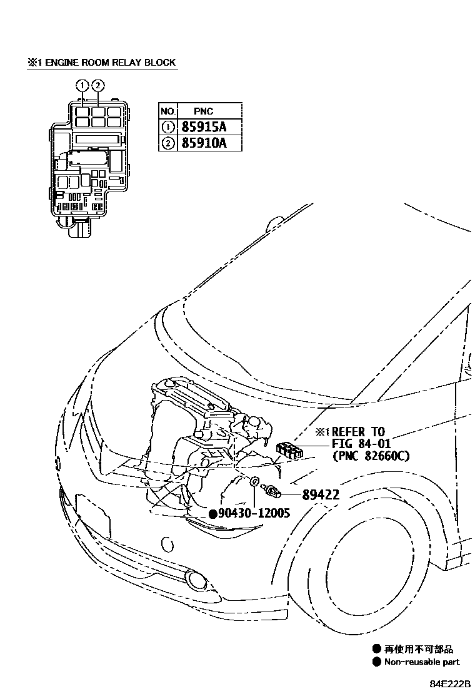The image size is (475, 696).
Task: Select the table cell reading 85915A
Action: [x=202, y=126]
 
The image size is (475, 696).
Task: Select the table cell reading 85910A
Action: [x=202, y=143]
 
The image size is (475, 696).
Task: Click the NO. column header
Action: [x=167, y=111]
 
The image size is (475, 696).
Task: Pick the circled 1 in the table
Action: [x=167, y=126]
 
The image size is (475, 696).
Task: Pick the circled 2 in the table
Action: [x=167, y=143]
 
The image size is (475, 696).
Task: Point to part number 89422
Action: [x=321, y=494]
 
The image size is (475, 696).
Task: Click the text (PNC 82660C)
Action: [x=371, y=456]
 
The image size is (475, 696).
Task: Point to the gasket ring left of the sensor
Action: [x=254, y=483]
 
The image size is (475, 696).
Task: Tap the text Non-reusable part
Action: [x=422, y=662]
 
